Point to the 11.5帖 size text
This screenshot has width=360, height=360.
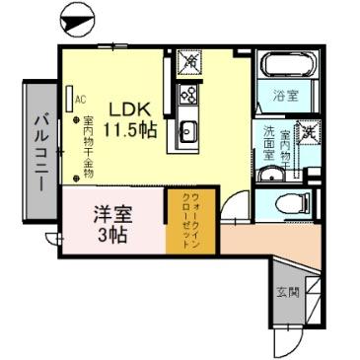pyautogui.click(x=130, y=130)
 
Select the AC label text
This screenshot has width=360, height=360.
pyautogui.click(x=81, y=99)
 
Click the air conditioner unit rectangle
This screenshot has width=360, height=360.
pyautogui.click(x=70, y=100)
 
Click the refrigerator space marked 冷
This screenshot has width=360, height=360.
pyautogui.click(x=187, y=63)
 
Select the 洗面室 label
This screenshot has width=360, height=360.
pyautogui.click(x=267, y=145)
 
